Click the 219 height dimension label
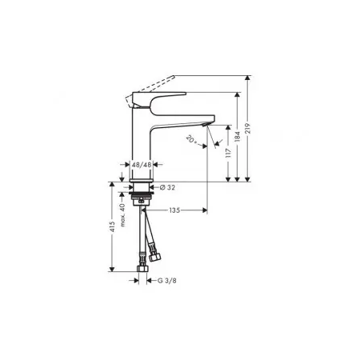pyautogui.click(x=248, y=129)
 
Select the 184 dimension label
pyautogui.click(x=238, y=136)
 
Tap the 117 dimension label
pyautogui.click(x=228, y=154)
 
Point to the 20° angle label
pyautogui.click(x=191, y=139)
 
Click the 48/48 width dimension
pyautogui.click(x=142, y=165)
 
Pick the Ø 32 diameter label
pyautogui.click(x=167, y=187)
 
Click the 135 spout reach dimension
pyautogui.click(x=174, y=210)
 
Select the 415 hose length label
pyautogui.click(x=112, y=226)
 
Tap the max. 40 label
pyautogui.click(x=122, y=215)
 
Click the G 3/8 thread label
pyautogui.click(x=167, y=281)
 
